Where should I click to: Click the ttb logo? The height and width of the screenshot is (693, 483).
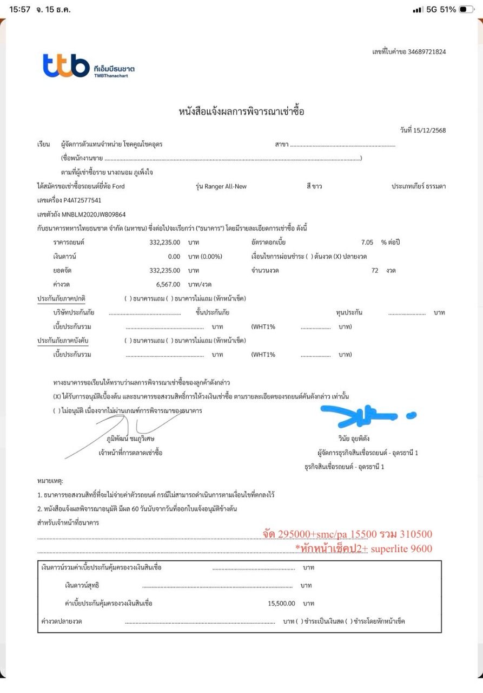click(66, 66)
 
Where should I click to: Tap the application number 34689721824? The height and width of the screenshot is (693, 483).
click(428, 52)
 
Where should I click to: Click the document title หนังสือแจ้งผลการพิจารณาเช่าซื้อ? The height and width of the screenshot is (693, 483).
click(241, 112)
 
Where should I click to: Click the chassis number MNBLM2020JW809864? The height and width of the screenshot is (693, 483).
click(94, 214)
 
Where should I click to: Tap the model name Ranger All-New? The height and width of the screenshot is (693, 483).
click(226, 186)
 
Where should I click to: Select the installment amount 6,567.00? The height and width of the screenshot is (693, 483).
click(165, 284)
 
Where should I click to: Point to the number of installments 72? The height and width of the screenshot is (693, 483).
click(375, 270)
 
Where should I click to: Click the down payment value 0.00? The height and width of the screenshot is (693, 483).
click(174, 256)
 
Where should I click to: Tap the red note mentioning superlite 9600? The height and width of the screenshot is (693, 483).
click(363, 549)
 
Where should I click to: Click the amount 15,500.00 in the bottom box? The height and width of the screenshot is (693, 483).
click(281, 603)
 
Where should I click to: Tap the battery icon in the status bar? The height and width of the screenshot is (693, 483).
click(466, 10)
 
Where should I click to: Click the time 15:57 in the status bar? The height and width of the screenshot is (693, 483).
click(19, 10)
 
